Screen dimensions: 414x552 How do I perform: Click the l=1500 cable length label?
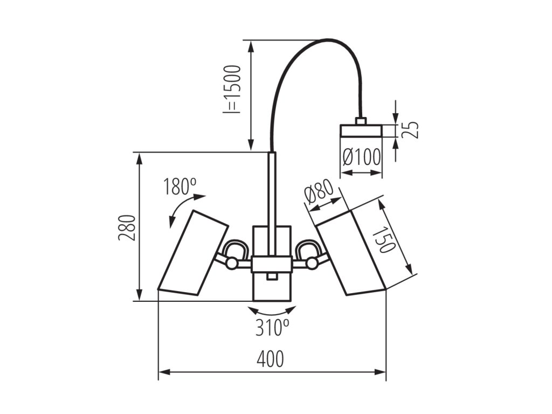click(x=231, y=89)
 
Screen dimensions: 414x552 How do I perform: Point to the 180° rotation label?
click(x=180, y=187)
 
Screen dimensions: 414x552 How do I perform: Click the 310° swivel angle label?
click(x=272, y=327)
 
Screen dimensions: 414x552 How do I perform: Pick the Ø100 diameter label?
click(x=361, y=158)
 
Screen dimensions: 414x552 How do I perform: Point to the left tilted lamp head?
click(x=192, y=253)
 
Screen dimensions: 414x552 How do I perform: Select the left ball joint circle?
click(x=231, y=263)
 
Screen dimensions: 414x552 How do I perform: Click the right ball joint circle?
click(x=312, y=263)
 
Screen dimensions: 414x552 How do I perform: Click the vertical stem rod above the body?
click(x=272, y=189)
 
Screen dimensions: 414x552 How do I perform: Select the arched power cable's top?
click(x=329, y=39)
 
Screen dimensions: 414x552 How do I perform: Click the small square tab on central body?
click(x=272, y=277)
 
